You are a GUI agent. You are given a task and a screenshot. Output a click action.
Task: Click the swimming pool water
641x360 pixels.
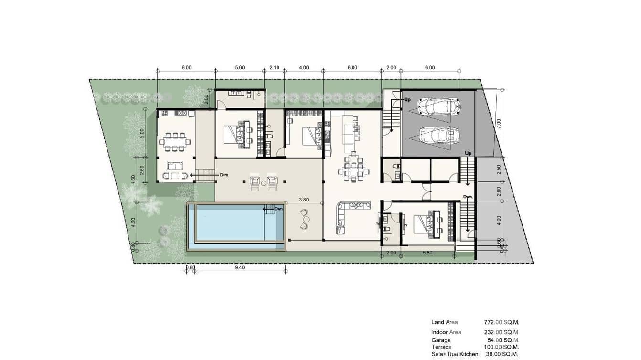[x=229, y=224]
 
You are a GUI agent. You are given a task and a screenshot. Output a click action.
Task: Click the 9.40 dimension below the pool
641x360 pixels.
[x=240, y=268]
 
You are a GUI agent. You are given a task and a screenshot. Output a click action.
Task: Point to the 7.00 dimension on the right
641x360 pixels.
[x=499, y=122]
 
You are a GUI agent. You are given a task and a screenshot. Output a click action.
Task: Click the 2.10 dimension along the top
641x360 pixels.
[x=274, y=68]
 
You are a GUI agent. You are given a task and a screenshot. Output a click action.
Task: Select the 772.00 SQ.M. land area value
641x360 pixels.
[x=502, y=322]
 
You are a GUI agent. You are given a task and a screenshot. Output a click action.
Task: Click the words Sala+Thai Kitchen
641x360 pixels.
[x=455, y=354]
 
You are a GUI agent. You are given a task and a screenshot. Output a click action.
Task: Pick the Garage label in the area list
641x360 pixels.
[x=440, y=340]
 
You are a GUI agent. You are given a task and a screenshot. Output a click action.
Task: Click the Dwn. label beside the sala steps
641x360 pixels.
[x=225, y=175]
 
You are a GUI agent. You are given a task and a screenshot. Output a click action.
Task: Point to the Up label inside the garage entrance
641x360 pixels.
[x=407, y=100]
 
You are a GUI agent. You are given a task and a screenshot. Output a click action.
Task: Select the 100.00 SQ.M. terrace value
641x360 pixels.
[x=502, y=347]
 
